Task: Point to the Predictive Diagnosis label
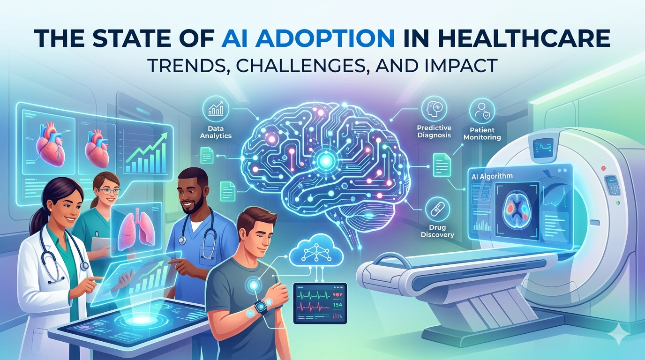pos(434,131)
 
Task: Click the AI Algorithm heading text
pos(490,176)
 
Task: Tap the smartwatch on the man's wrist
pos(261,307)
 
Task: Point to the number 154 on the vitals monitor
pos(336,305)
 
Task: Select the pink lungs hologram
pos(135,230)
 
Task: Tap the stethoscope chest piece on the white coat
pos(84,266)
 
